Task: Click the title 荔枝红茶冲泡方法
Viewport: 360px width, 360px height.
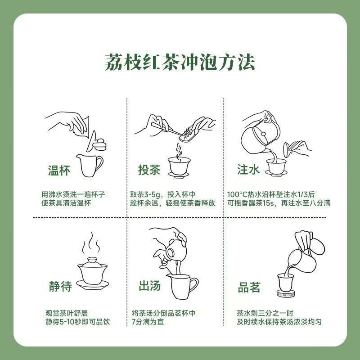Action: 180,63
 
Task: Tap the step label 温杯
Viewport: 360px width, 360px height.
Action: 59,171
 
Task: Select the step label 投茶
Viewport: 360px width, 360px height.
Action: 149,170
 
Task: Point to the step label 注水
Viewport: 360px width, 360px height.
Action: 248,170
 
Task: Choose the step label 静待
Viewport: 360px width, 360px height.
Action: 60,286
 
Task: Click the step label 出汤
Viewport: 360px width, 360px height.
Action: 150,286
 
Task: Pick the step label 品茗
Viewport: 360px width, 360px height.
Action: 249,287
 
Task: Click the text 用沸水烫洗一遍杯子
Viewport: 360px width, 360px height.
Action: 73,194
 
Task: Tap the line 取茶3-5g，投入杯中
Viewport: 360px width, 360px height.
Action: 163,194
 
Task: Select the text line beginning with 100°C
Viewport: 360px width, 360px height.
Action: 271,194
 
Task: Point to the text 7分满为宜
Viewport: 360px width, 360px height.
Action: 148,322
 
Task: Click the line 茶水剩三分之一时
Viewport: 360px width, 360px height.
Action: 265,313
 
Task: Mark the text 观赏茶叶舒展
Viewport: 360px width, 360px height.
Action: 67,313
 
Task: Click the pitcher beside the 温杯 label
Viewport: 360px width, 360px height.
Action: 90,165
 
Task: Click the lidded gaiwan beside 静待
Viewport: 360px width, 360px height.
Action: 93,274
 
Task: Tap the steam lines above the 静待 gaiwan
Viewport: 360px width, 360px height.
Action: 92,243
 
